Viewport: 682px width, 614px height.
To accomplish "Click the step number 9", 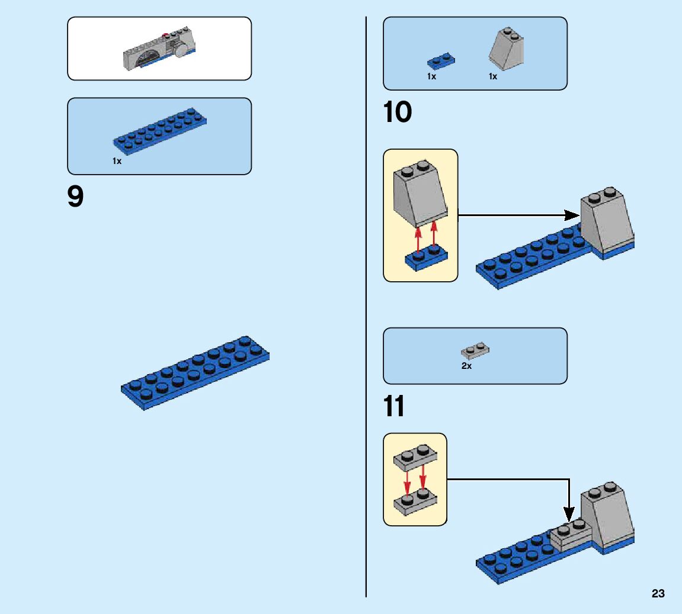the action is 76,198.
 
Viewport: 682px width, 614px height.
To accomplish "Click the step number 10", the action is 398,112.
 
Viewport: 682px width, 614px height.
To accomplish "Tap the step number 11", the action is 395,407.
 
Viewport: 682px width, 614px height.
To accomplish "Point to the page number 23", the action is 658,593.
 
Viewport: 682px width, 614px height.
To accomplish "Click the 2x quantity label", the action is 466,366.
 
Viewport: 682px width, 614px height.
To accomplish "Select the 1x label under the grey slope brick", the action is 492,76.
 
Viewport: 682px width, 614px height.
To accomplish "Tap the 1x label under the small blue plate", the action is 431,76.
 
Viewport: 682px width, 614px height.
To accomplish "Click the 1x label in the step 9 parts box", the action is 117,161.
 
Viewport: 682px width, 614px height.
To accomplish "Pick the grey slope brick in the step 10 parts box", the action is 507,47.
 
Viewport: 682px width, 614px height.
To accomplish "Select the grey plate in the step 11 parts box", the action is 475,351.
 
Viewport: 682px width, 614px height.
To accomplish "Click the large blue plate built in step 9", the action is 196,373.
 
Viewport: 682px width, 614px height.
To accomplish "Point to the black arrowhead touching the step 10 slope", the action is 572,215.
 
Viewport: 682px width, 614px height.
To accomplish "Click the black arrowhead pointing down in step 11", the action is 569,515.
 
